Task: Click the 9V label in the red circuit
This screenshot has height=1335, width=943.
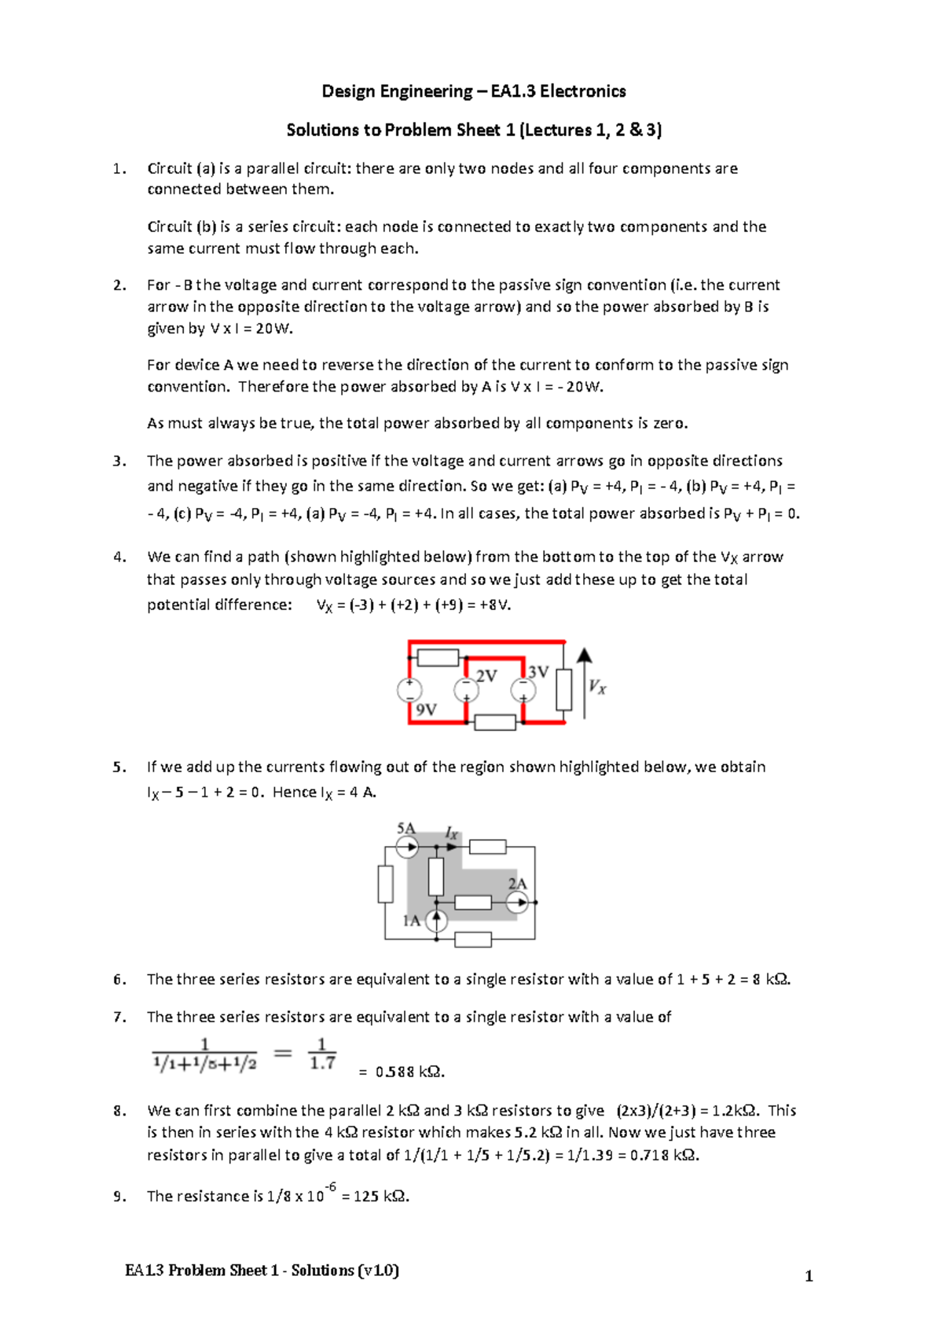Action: pyautogui.click(x=426, y=709)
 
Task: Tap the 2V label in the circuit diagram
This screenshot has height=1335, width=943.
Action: pyautogui.click(x=486, y=675)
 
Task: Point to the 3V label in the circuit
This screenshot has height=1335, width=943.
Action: pyautogui.click(x=538, y=672)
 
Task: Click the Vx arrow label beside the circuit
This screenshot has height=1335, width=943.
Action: pyautogui.click(x=597, y=687)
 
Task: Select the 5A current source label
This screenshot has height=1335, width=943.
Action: pyautogui.click(x=405, y=828)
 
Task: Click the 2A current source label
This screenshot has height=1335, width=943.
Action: pyautogui.click(x=517, y=883)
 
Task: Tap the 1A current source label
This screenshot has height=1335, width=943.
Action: pyautogui.click(x=412, y=921)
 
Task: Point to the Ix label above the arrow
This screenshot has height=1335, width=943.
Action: pyautogui.click(x=451, y=833)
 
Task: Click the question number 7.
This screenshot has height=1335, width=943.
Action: pyautogui.click(x=119, y=1017)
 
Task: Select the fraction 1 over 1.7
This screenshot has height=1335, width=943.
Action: pyautogui.click(x=322, y=1054)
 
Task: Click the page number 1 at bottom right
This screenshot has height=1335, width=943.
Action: pyautogui.click(x=809, y=1276)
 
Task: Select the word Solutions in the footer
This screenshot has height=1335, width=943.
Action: pyautogui.click(x=322, y=1270)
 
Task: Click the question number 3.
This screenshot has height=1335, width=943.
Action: pyautogui.click(x=119, y=461)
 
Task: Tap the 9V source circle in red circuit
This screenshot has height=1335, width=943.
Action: pyautogui.click(x=409, y=690)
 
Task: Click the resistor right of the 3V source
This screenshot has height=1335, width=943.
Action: pyautogui.click(x=563, y=690)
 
